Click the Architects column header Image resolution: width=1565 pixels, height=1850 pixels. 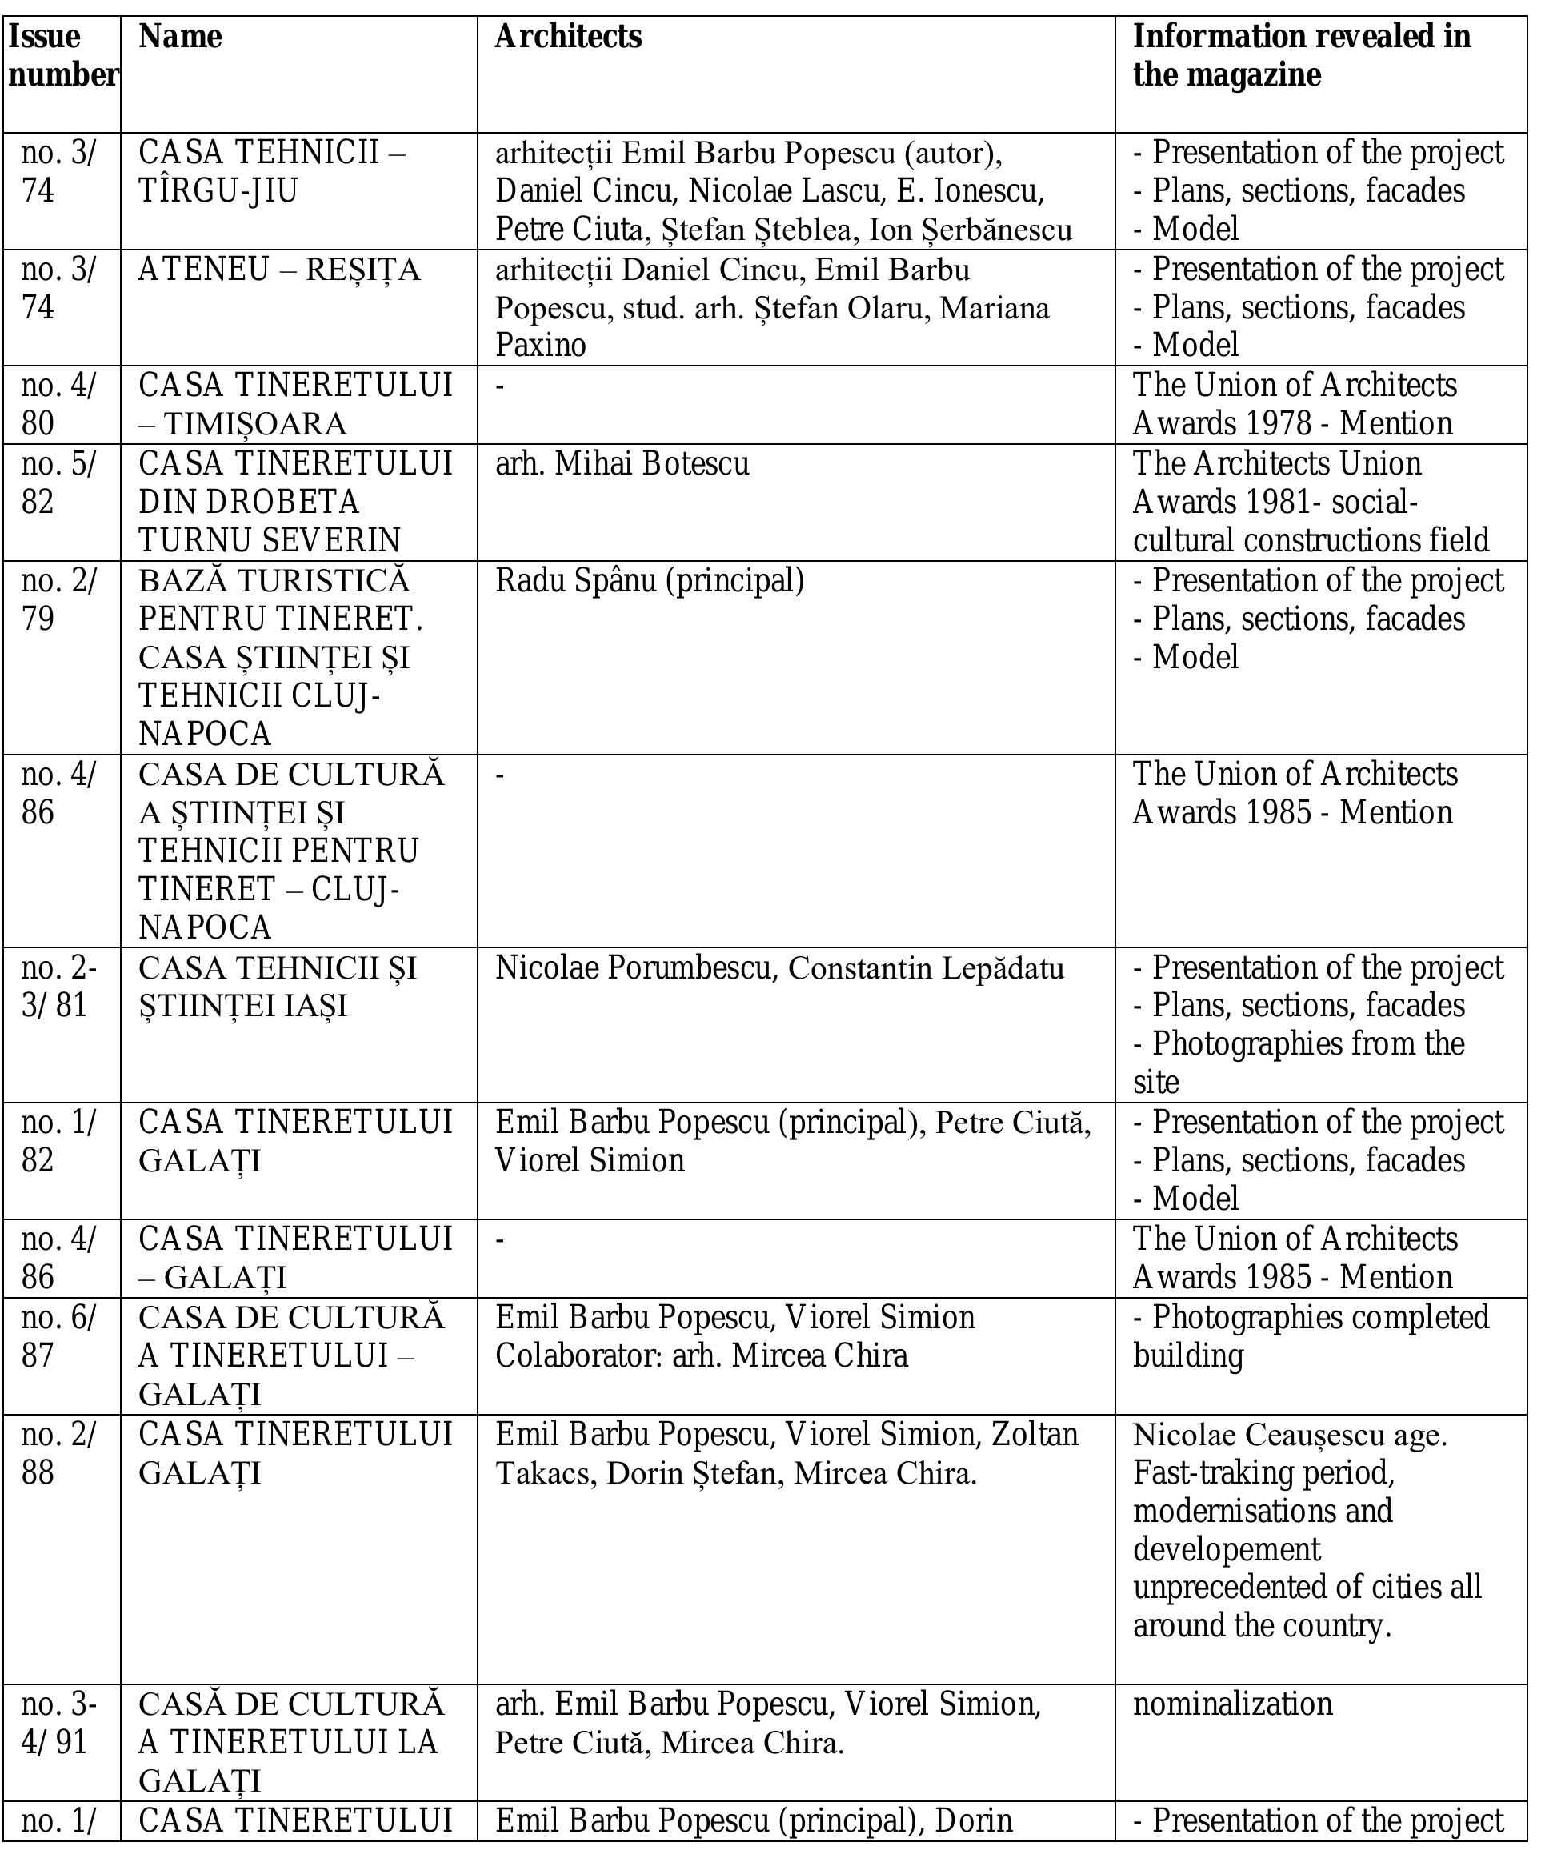(x=568, y=38)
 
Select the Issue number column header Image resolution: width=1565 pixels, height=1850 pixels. (x=62, y=56)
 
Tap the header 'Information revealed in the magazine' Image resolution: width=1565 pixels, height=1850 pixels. (x=1301, y=56)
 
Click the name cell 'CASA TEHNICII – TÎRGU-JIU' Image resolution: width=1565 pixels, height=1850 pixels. (x=271, y=171)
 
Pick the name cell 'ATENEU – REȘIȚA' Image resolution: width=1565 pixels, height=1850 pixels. (x=278, y=270)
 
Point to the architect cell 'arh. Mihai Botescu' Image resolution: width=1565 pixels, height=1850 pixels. (x=622, y=464)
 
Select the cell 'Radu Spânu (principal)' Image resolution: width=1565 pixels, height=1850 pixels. (x=650, y=581)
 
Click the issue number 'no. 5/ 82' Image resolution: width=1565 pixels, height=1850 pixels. (x=58, y=483)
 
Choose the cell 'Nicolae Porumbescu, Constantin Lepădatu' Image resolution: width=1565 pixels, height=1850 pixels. (x=779, y=968)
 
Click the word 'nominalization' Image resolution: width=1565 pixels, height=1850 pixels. (x=1232, y=1704)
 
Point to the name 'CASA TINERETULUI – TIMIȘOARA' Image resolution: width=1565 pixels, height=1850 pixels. (x=295, y=405)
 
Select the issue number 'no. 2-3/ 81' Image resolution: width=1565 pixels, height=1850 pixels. (x=58, y=987)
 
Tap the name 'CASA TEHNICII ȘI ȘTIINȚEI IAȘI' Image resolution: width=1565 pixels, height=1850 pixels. (x=277, y=987)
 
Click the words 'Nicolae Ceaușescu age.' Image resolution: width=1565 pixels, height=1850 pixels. (x=1289, y=1435)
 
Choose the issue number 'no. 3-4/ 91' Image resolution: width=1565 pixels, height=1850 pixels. (x=58, y=1723)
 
